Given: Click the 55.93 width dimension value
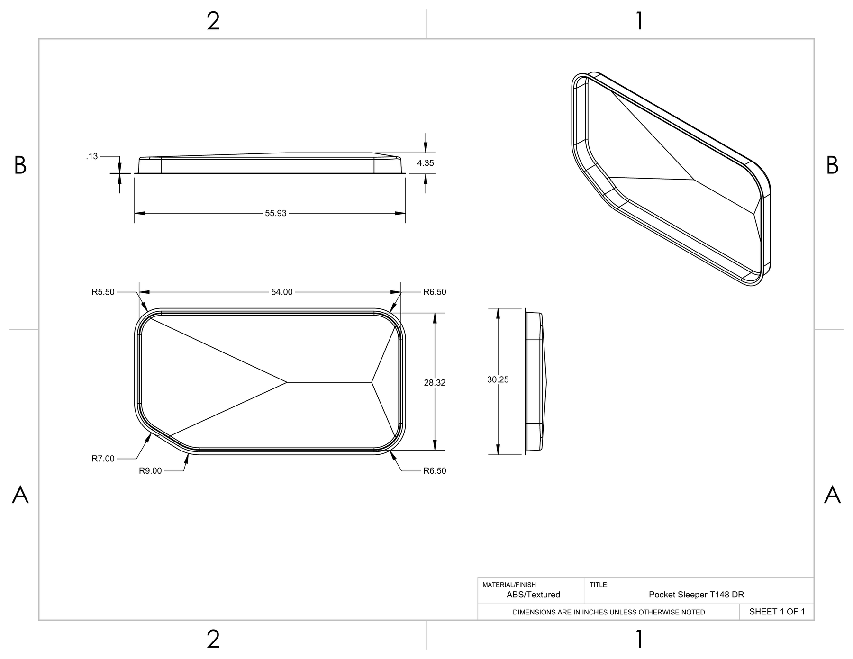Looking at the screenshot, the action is [x=275, y=213].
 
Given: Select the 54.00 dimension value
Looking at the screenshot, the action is [x=282, y=292].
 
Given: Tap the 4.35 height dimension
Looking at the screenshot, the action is [x=425, y=163].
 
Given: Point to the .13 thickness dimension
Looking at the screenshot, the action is [x=92, y=156].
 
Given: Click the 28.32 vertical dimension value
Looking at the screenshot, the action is [x=435, y=382].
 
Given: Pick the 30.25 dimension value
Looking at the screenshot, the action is [x=498, y=379].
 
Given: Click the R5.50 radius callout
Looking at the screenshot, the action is [x=103, y=292].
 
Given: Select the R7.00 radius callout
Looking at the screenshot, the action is [x=103, y=459].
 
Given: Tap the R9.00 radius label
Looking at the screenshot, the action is [x=150, y=471].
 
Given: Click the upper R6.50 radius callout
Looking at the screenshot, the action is [x=435, y=292].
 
